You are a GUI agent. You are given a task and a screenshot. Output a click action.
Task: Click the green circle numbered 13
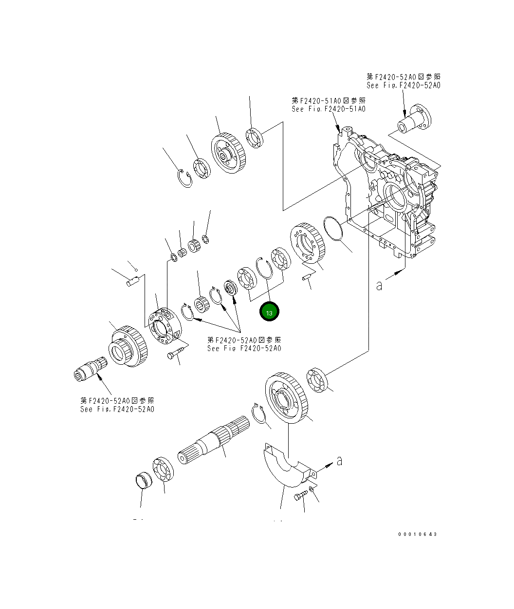(269, 312)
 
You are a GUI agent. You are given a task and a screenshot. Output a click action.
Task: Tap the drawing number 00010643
(418, 534)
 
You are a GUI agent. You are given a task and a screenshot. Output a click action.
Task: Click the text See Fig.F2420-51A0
(329, 109)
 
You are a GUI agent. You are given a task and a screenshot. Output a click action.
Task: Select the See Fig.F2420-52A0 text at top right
(403, 85)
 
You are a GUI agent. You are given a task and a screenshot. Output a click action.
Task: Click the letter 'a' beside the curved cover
(339, 460)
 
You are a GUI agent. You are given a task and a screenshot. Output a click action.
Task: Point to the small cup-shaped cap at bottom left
(144, 480)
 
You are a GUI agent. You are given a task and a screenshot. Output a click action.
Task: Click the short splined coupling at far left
(91, 368)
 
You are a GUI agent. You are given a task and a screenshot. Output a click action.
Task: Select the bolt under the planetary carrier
(176, 353)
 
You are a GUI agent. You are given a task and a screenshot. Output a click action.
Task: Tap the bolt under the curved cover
(300, 496)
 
